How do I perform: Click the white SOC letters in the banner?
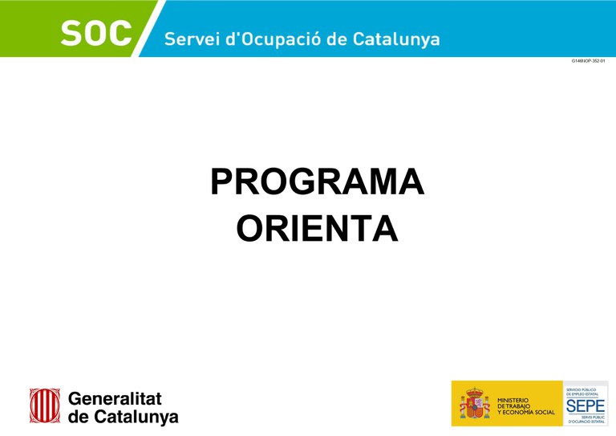[96, 35]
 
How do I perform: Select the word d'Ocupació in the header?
[269, 39]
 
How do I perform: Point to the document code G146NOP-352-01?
[588, 61]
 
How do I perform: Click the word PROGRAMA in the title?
[317, 182]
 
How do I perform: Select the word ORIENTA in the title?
[317, 228]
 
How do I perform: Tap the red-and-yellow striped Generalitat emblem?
[45, 405]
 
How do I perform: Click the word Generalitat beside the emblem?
[115, 397]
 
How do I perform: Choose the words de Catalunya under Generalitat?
[123, 417]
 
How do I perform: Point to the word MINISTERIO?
[513, 399]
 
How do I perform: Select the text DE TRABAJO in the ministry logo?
[513, 405]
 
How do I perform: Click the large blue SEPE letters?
[586, 405]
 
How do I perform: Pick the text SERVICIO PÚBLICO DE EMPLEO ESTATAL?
[586, 391]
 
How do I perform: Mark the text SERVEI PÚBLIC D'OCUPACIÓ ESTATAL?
[586, 418]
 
